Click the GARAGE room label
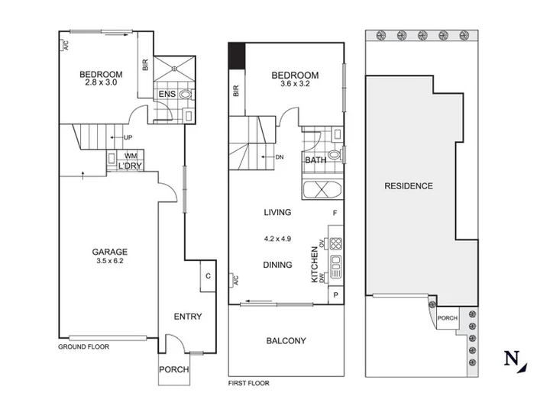(x=110, y=252)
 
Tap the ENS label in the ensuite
(x=167, y=94)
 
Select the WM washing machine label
(x=131, y=156)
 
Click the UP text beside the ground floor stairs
(x=128, y=137)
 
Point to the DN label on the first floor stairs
(x=280, y=157)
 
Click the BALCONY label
(x=286, y=341)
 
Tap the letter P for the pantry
(x=335, y=295)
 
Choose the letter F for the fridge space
(x=335, y=213)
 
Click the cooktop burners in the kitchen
(x=336, y=243)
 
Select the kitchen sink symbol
(x=335, y=267)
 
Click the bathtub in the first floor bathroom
(x=322, y=190)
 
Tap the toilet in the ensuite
(x=186, y=95)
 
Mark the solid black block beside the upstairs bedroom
(x=237, y=56)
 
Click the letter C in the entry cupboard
(x=208, y=276)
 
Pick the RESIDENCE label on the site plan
(x=409, y=186)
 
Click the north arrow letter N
(x=512, y=358)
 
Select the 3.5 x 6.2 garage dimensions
(x=110, y=261)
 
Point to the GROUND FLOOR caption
(x=83, y=347)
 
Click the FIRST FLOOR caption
(x=249, y=383)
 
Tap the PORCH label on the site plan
(x=448, y=318)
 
